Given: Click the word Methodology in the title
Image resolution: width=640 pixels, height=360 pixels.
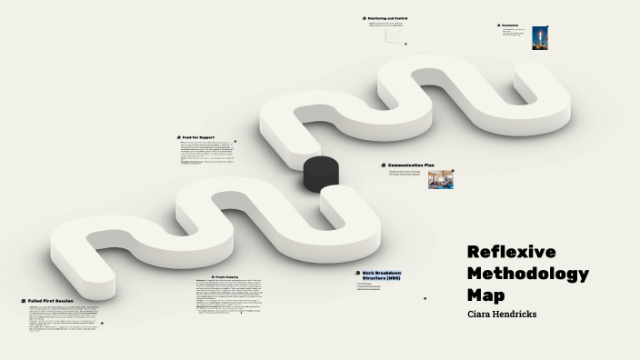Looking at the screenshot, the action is pyautogui.click(x=527, y=274).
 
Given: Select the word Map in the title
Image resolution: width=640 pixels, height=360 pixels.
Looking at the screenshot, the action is pyautogui.click(x=485, y=295).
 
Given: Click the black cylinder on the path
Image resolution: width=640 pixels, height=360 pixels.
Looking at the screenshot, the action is pyautogui.click(x=321, y=173).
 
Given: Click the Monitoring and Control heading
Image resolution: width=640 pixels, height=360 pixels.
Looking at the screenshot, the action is pyautogui.click(x=388, y=18).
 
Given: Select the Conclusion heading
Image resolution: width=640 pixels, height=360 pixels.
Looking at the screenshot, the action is pyautogui.click(x=510, y=25).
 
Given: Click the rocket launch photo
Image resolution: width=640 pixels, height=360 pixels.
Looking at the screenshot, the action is pyautogui.click(x=540, y=38).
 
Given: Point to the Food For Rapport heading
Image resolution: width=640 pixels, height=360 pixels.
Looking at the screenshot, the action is pyautogui.click(x=198, y=137).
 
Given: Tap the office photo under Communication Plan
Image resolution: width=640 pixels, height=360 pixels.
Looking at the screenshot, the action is pyautogui.click(x=441, y=179).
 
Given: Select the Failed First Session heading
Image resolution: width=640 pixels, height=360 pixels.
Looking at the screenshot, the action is pyautogui.click(x=51, y=300).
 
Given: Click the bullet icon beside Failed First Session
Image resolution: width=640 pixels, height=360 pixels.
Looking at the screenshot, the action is pyautogui.click(x=23, y=300).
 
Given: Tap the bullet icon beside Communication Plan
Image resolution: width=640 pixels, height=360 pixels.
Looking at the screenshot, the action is pyautogui.click(x=384, y=165).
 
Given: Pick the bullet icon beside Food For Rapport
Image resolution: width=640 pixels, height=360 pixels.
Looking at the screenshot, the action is pyautogui.click(x=177, y=137).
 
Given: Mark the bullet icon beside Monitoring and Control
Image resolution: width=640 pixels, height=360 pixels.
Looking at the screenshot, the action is pyautogui.click(x=363, y=18).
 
